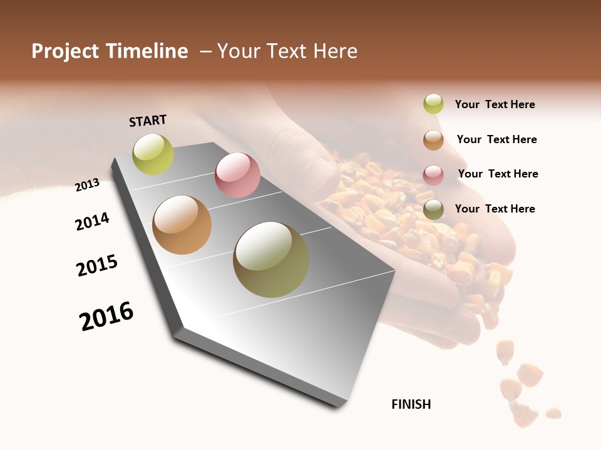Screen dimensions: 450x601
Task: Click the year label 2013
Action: pyautogui.click(x=87, y=184)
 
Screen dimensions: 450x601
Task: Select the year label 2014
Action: pyautogui.click(x=92, y=221)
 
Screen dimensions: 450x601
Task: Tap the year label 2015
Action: pyautogui.click(x=97, y=266)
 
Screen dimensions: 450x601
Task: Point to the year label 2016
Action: pyautogui.click(x=106, y=316)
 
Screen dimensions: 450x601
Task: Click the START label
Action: pyautogui.click(x=148, y=121)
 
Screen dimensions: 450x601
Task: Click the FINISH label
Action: pyautogui.click(x=411, y=404)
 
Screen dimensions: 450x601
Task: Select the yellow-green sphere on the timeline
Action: pyautogui.click(x=153, y=154)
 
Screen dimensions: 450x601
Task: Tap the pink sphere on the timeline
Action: pyautogui.click(x=237, y=175)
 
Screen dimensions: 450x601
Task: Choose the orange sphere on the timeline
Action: pyautogui.click(x=182, y=225)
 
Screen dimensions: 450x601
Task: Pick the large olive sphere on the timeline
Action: pyautogui.click(x=271, y=259)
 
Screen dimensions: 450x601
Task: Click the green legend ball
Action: pyautogui.click(x=433, y=104)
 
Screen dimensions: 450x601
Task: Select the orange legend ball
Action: pyautogui.click(x=433, y=140)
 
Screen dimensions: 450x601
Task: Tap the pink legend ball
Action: pyautogui.click(x=433, y=175)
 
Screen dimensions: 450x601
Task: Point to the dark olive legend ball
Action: pyautogui.click(x=433, y=209)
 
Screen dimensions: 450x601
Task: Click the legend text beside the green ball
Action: pyautogui.click(x=495, y=104)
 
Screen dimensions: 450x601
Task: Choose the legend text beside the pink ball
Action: pyautogui.click(x=498, y=174)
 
